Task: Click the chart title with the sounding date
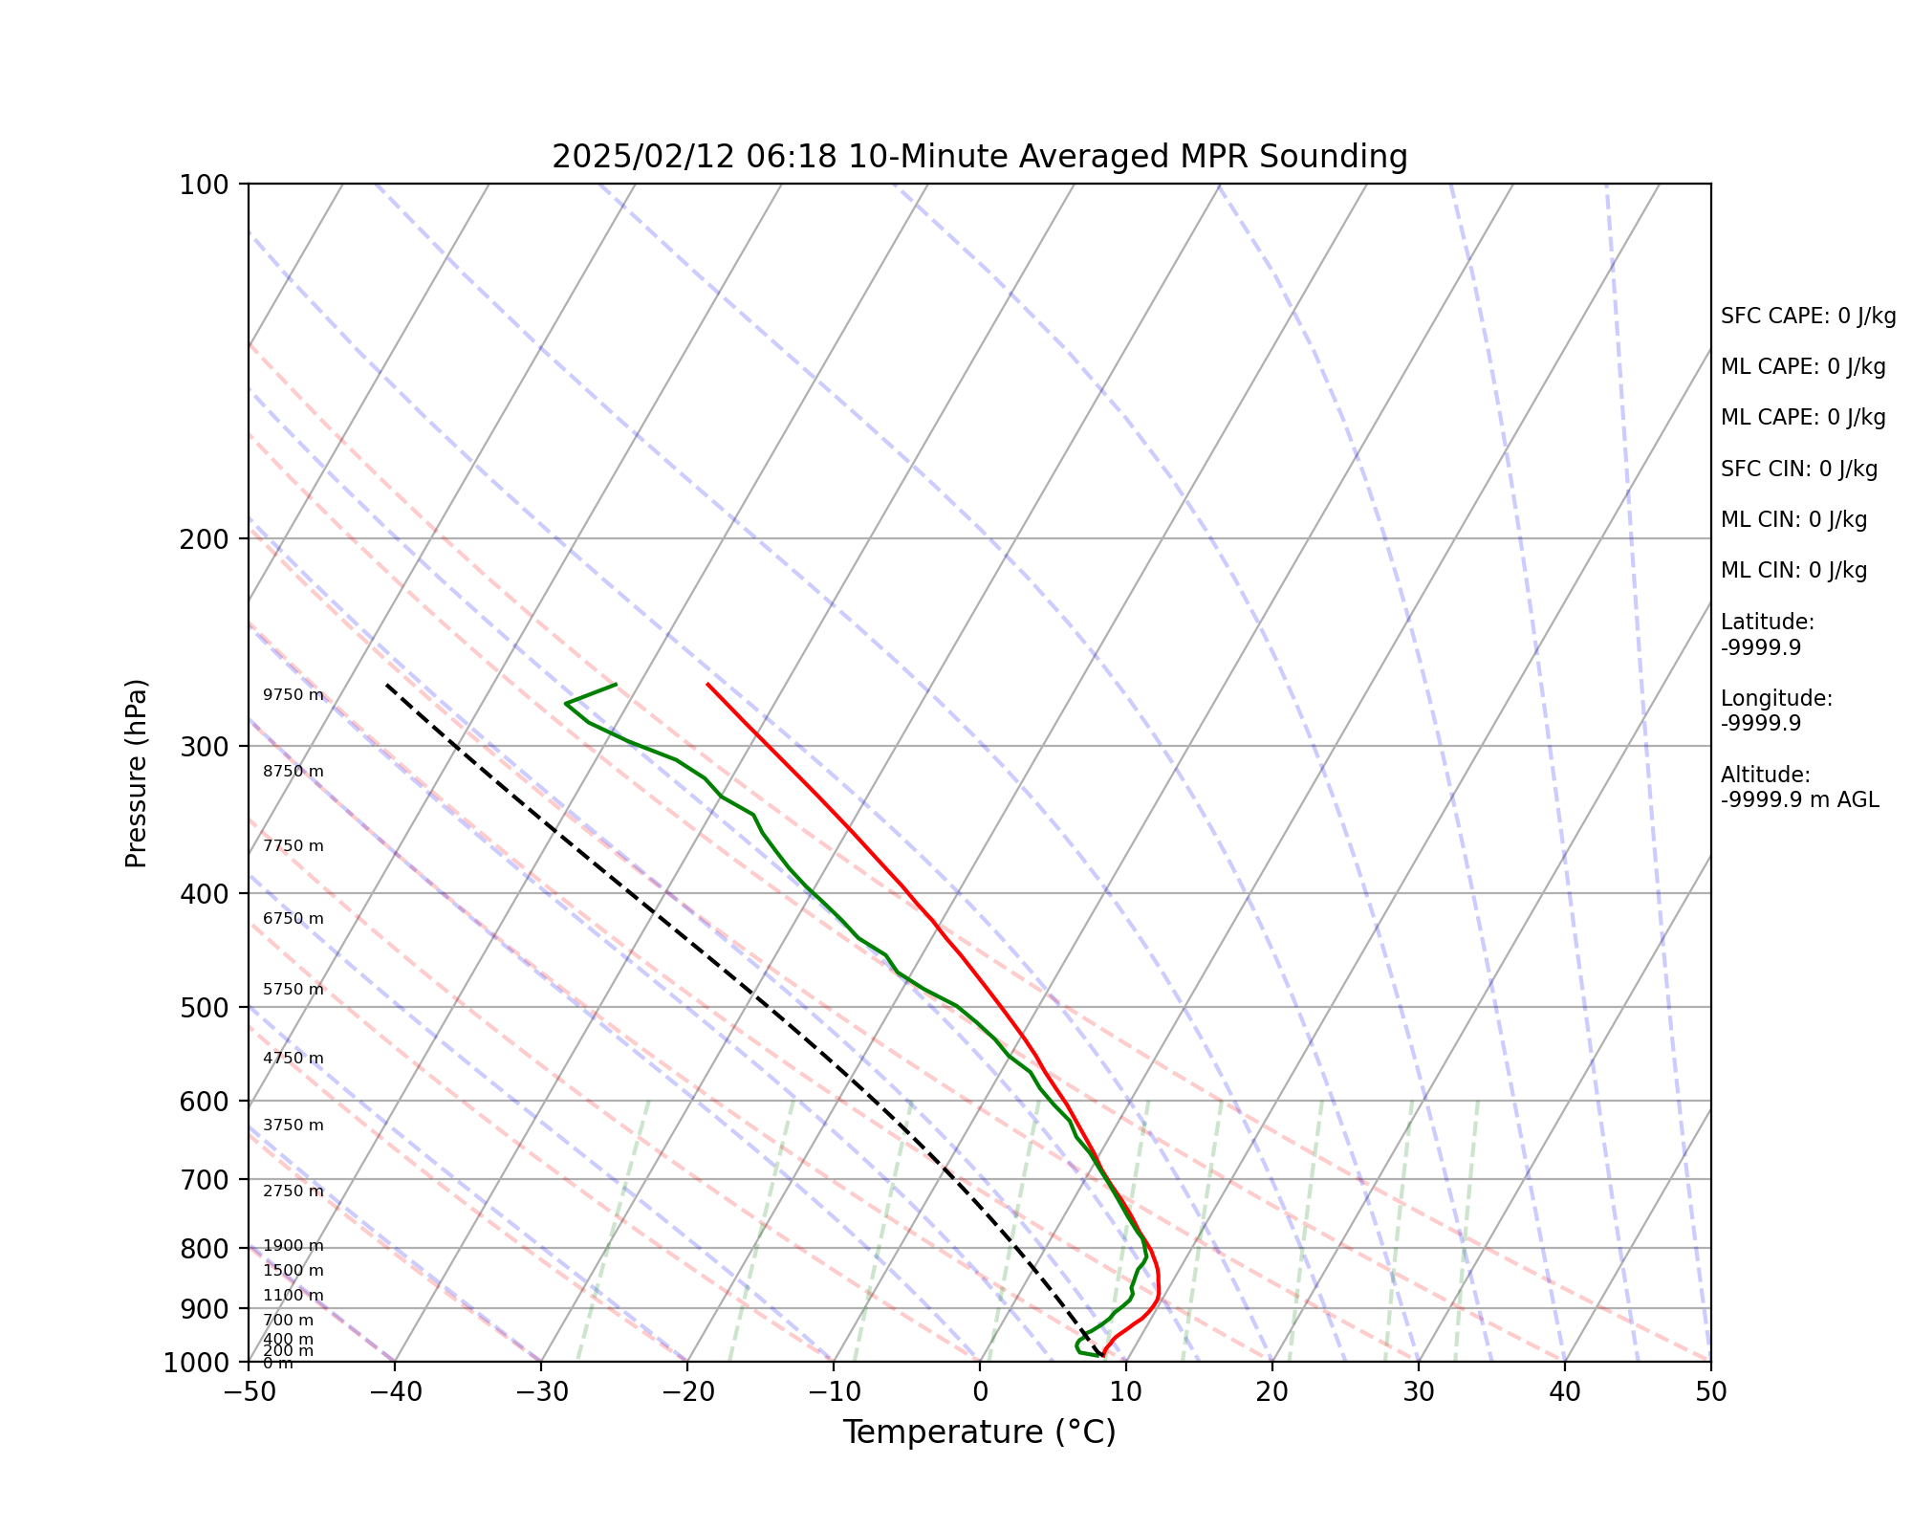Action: [x=979, y=157]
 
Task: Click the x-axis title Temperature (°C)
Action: [x=979, y=1432]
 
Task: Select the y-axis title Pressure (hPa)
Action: [x=137, y=773]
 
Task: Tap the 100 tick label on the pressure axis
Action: [x=203, y=185]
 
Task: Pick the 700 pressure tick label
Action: [x=203, y=1180]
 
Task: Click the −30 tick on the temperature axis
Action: [x=541, y=1391]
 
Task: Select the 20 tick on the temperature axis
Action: [x=1271, y=1391]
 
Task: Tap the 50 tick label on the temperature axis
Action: [x=1710, y=1391]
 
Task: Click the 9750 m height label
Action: [x=293, y=695]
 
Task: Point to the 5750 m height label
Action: [x=293, y=990]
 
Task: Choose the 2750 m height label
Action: [x=293, y=1191]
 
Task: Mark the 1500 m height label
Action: [x=293, y=1271]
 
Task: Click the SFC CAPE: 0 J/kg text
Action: [x=1808, y=317]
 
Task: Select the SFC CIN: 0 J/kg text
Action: [x=1798, y=470]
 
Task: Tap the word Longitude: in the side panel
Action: [x=1776, y=699]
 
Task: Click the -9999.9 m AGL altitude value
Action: [x=1799, y=800]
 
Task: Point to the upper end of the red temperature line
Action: [x=707, y=685]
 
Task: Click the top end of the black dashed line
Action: [x=387, y=685]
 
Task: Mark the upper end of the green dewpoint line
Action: [x=616, y=685]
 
